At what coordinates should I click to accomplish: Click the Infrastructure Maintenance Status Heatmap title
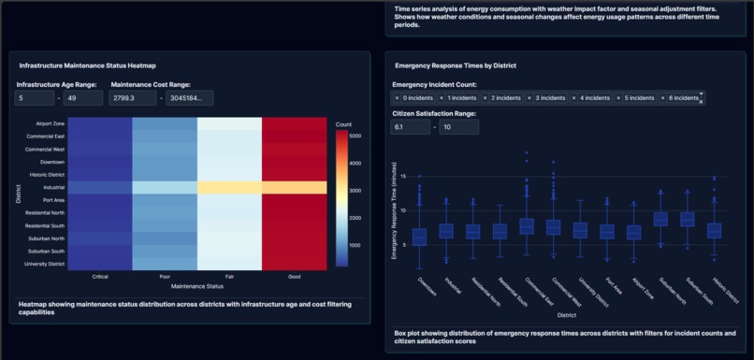[x=88, y=65]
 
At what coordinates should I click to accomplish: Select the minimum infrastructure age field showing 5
[x=35, y=98]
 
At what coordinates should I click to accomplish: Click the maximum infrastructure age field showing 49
[x=83, y=98]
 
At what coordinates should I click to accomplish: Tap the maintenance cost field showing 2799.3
[x=133, y=98]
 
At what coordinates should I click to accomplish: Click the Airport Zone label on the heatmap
[x=50, y=123]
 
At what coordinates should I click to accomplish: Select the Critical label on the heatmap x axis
[x=100, y=277]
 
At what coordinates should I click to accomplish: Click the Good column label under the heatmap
[x=294, y=277]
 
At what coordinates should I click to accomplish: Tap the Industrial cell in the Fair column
[x=229, y=187]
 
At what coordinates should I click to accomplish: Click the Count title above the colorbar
[x=343, y=123]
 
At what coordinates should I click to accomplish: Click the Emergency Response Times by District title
[x=456, y=65]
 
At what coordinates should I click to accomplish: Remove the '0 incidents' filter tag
[x=397, y=98]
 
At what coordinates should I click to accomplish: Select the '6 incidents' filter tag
[x=682, y=98]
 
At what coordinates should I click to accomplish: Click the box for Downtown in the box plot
[x=419, y=237]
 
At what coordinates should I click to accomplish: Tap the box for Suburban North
[x=660, y=219]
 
